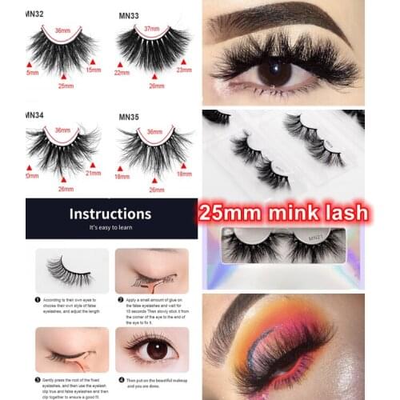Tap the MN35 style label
pyautogui.click(x=129, y=118)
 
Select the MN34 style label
pyautogui.click(x=34, y=118)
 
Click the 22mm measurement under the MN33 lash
pyautogui.click(x=122, y=73)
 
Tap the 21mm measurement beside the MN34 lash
pyautogui.click(x=94, y=173)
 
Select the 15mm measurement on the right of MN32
pyautogui.click(x=94, y=70)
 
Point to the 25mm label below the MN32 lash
pyautogui.click(x=66, y=86)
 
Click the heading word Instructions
pyautogui.click(x=110, y=214)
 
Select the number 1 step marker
pyautogui.click(x=38, y=300)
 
